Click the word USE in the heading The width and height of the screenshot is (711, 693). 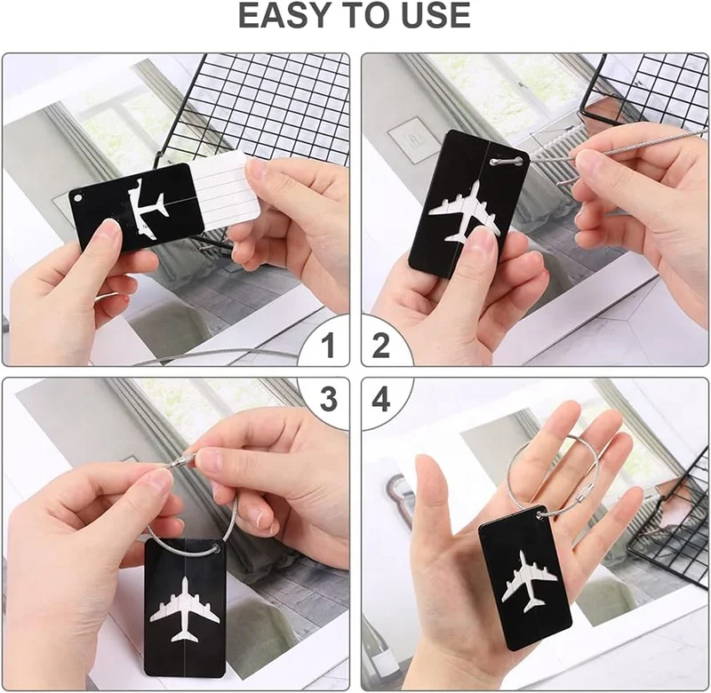point(432,17)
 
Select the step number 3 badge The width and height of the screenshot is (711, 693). point(328,401)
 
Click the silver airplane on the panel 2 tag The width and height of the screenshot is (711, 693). point(463,211)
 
